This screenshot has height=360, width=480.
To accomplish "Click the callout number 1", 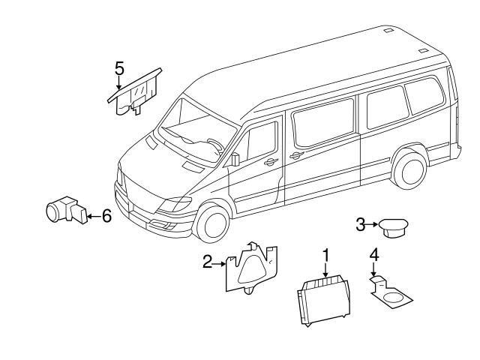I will pos(325,255).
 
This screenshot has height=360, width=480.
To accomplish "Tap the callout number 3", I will pos(360,223).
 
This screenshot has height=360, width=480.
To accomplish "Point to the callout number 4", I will pos(373,255).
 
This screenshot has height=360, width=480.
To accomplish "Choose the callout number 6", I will pos(106,216).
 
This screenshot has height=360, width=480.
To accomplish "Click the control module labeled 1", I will pos(323,300).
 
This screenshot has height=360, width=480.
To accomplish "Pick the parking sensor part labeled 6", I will pos(63,211).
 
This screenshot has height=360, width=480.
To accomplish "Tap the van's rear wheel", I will pos(409,170).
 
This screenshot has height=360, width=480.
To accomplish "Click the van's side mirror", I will pos(234,159).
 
